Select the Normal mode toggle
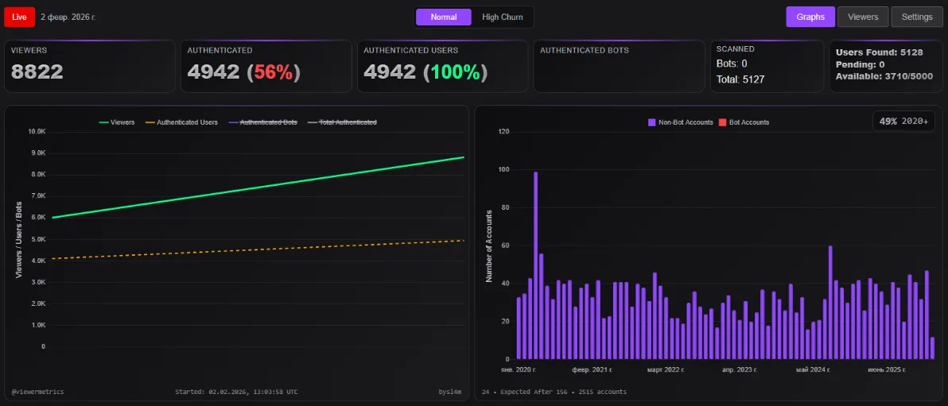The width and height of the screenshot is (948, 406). coord(443,17)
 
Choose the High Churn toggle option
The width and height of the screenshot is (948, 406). coord(502,17)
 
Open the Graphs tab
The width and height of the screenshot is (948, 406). coord(810,17)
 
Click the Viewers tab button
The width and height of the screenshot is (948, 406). coord(863,17)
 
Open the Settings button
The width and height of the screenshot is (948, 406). coord(917,17)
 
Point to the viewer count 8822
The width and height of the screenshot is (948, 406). coord(37,72)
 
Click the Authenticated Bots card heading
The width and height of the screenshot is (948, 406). coord(584,50)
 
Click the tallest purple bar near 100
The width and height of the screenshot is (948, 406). coord(535,262)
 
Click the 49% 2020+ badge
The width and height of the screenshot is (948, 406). coord(904,122)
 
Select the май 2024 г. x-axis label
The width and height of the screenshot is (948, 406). coord(813,370)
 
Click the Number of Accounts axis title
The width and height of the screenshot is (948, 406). coord(489,246)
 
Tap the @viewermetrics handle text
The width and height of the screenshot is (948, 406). coord(38,392)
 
